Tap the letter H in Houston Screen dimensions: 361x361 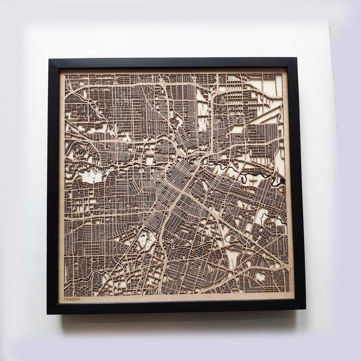click(x=66, y=299)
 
